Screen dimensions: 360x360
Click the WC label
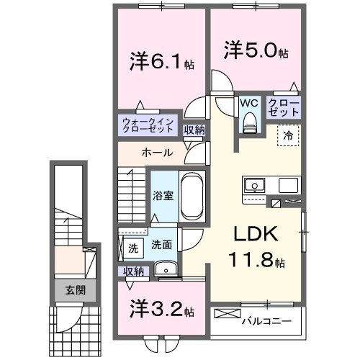[x=249, y=103]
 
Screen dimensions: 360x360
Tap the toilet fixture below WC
[x=249, y=124]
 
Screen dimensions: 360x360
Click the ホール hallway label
[x=156, y=153]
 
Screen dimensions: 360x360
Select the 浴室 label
[x=163, y=195]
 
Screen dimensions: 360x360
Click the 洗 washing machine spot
[x=132, y=248]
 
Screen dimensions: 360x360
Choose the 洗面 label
[x=160, y=246]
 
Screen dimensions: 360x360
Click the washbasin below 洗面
[x=166, y=271]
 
